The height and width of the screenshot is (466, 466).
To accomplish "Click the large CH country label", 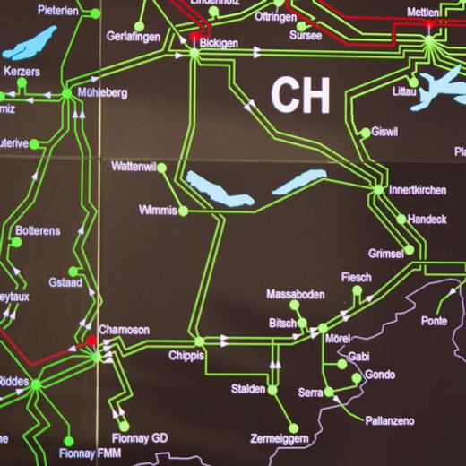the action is click(x=300, y=94).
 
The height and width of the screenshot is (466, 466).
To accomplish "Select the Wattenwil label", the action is click(x=134, y=168).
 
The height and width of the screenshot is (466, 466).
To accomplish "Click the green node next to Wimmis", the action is click(x=183, y=211).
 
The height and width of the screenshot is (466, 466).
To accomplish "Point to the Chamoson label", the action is click(x=124, y=330).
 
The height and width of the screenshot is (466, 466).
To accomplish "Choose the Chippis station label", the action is click(x=186, y=356).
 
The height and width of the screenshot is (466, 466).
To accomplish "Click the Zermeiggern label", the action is click(x=279, y=438).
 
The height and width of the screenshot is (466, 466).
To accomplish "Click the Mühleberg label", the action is click(x=103, y=92).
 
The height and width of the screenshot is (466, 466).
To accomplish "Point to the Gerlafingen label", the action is click(x=133, y=37).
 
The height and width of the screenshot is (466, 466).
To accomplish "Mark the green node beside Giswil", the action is click(x=365, y=133).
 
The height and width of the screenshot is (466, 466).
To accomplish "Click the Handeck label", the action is click(x=427, y=220).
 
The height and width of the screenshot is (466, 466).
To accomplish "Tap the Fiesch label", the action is click(x=356, y=278).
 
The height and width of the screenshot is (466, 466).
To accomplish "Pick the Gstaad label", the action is click(x=65, y=282).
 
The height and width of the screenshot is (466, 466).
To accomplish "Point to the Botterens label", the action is click(x=38, y=231).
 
